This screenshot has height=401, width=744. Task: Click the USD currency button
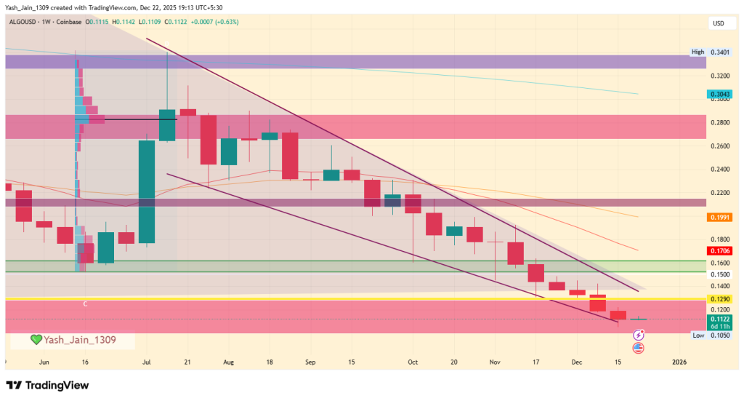pos(718,23)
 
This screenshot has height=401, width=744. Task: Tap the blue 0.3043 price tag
pos(719,94)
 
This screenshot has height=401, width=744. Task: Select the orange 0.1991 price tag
pos(719,217)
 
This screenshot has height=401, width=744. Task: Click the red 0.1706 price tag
pos(719,251)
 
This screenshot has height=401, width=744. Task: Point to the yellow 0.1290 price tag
pos(719,299)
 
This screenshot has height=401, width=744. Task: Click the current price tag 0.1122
pos(719,319)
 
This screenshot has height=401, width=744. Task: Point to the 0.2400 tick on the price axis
pos(719,169)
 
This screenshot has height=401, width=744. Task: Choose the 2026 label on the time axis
pos(679,361)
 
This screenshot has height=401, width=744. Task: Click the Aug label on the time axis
pos(229,361)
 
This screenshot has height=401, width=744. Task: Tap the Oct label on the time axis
pos(413,361)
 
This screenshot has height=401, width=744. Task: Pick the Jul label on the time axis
pos(147,361)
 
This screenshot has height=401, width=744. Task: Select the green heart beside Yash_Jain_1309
pos(36,340)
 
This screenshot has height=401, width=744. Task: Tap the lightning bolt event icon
pos(639,335)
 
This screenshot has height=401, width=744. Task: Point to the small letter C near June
pos(85,303)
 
